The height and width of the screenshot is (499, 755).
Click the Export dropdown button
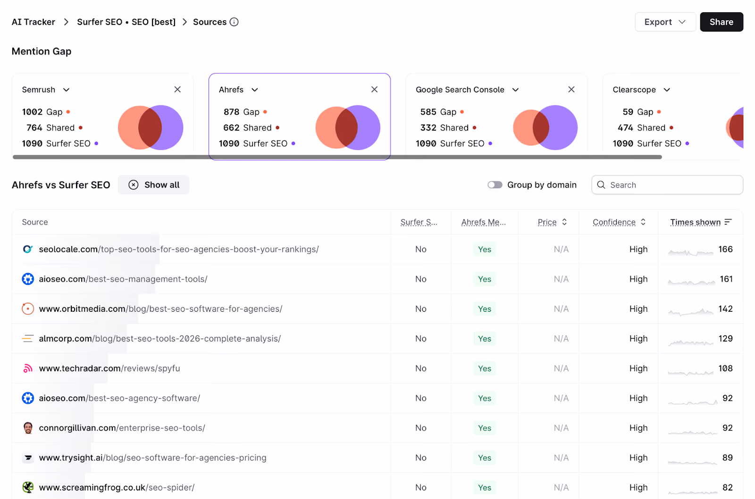[x=665, y=22]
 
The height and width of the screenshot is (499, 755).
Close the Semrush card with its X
[x=177, y=89]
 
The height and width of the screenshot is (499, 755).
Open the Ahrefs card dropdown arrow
[x=255, y=90]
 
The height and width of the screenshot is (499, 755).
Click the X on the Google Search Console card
[x=571, y=89]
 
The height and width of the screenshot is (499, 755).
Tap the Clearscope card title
[x=634, y=90]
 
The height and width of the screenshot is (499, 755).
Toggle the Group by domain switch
[x=495, y=184]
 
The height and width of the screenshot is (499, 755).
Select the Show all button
[x=154, y=184]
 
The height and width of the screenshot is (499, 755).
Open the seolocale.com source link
[x=179, y=249]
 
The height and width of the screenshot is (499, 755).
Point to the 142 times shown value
[x=725, y=308]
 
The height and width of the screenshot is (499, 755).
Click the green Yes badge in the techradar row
[x=484, y=368]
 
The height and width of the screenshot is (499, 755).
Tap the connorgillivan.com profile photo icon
[x=28, y=428]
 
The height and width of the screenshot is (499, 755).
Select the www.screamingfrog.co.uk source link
[x=117, y=487]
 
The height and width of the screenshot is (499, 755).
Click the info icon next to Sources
[x=234, y=22]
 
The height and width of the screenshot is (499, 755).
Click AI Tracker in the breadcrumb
[x=34, y=22]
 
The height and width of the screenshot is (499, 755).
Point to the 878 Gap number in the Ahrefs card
[x=231, y=112]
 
